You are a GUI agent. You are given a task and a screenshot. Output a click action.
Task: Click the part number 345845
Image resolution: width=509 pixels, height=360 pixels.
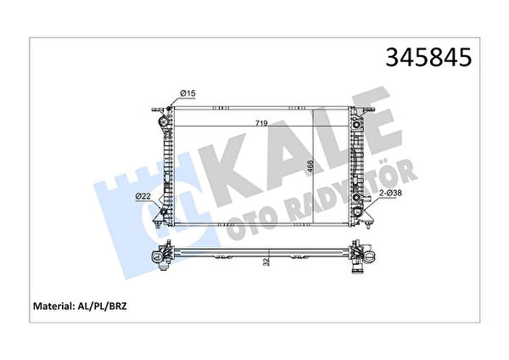click(428, 57)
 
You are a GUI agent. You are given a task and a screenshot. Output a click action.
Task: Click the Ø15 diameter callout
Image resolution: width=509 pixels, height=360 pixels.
click(188, 93)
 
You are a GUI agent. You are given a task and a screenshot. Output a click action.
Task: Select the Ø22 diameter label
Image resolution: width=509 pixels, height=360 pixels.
click(143, 196)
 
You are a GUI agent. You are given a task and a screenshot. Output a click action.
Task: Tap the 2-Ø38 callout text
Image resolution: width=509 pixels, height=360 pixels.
click(391, 193)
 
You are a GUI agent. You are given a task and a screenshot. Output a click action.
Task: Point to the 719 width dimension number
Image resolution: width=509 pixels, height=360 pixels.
click(261, 123)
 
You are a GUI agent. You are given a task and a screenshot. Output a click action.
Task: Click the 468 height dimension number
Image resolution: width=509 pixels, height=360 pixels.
click(310, 168)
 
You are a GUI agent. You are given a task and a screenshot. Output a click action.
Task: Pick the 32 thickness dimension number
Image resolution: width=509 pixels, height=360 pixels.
click(266, 262)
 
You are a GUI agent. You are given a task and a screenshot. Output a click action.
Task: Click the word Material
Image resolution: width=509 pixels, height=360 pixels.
click(53, 306)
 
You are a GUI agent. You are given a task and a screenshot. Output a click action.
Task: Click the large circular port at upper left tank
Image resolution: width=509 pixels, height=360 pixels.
click(163, 122)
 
